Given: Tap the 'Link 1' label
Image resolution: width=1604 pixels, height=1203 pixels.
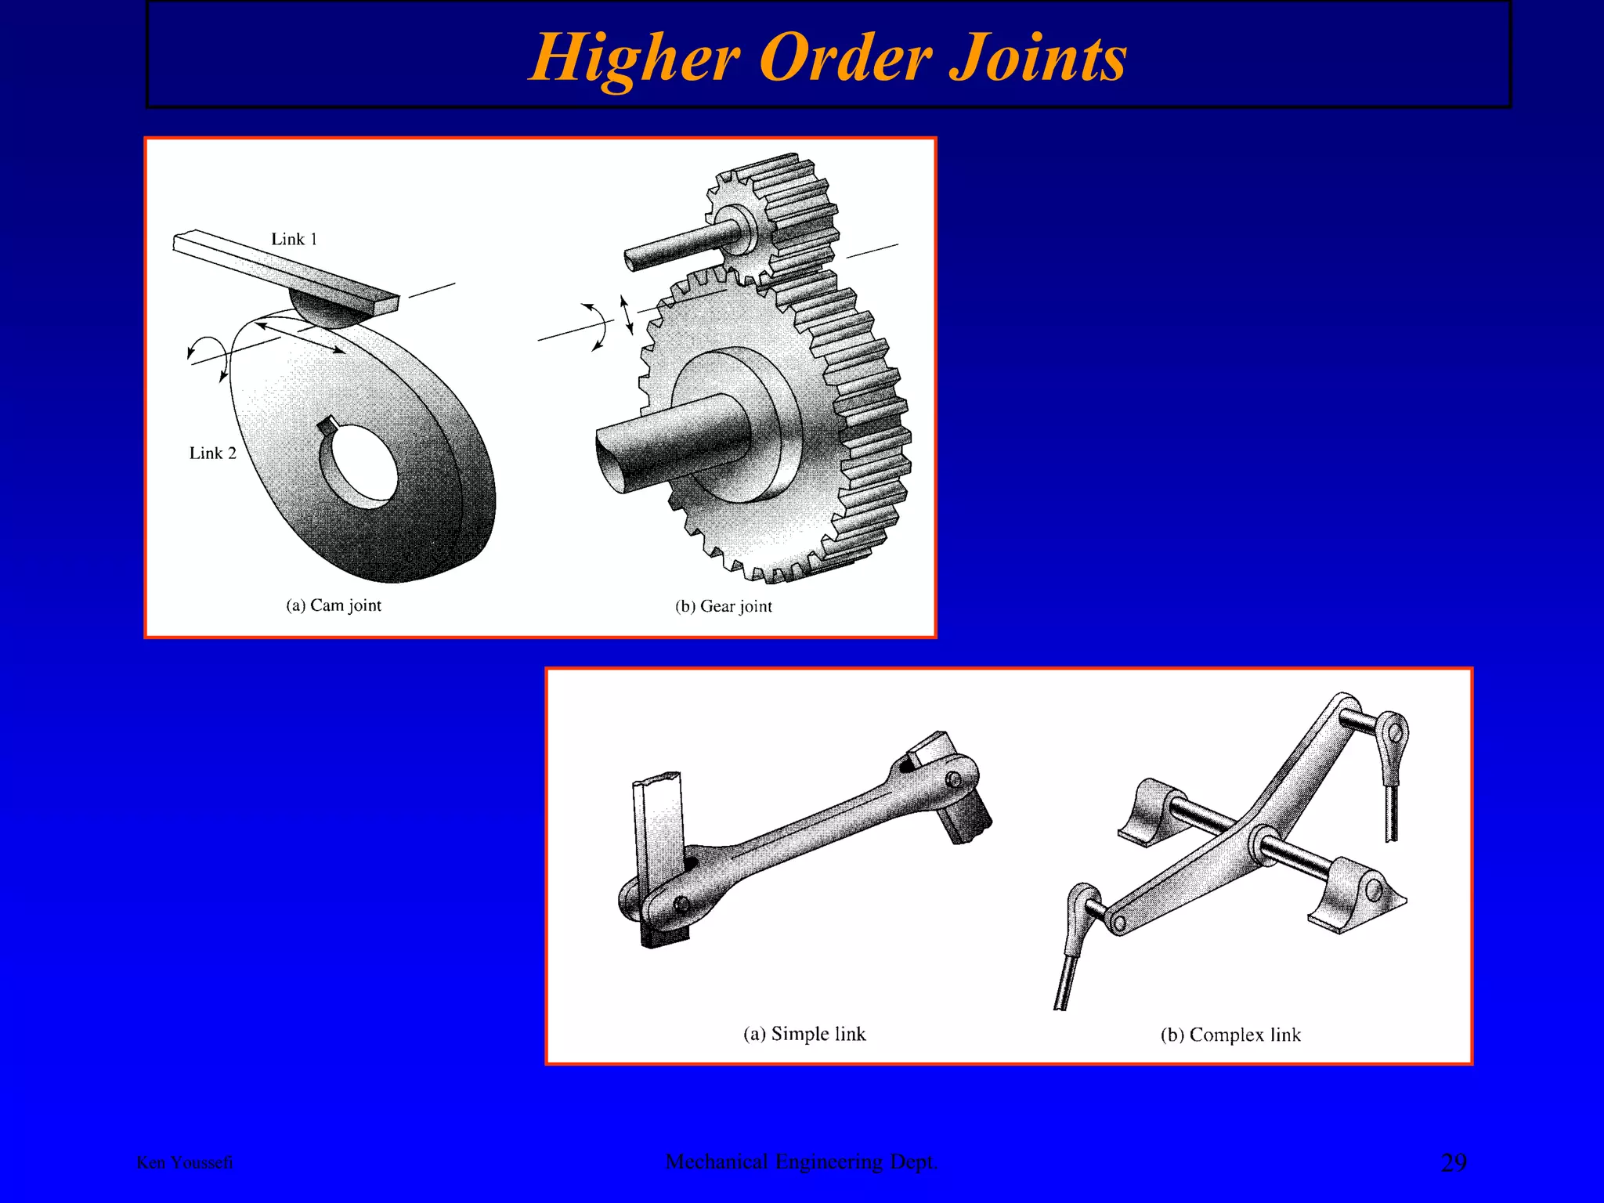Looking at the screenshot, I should (294, 239).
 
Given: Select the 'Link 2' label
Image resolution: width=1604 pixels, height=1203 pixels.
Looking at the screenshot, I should (212, 453).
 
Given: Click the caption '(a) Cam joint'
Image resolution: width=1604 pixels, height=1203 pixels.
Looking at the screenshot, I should (334, 605).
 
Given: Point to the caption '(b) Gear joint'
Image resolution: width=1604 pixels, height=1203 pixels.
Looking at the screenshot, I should (723, 606).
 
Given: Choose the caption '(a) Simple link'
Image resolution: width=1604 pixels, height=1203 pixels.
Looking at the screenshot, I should (804, 1034).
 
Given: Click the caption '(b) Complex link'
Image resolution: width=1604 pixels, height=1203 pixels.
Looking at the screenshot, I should (1230, 1035).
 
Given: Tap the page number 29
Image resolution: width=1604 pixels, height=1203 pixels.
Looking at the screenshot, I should (1454, 1162).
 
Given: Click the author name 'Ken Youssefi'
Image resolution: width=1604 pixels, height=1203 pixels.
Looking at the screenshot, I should (185, 1162).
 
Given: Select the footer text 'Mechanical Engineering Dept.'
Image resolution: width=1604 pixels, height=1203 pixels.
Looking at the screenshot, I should (801, 1161).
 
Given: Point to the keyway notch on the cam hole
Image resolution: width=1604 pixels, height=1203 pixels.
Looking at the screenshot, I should (327, 425).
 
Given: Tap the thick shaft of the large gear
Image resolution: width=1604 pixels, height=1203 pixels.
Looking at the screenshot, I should (666, 443).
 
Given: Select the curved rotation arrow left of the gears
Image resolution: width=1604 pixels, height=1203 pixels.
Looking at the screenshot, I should (597, 325).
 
